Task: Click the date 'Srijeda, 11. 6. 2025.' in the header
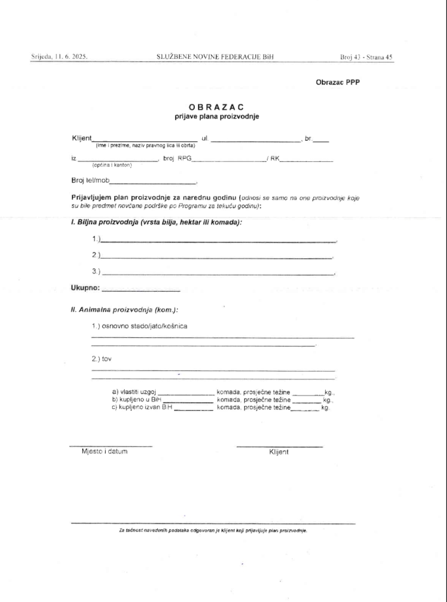[x=59, y=57]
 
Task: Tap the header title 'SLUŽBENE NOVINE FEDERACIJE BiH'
[x=215, y=57]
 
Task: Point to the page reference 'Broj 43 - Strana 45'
[x=366, y=57]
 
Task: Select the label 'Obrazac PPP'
[x=337, y=82]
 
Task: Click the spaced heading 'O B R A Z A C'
[x=216, y=107]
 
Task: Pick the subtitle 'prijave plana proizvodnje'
[x=216, y=117]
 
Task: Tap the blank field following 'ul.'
[x=255, y=140]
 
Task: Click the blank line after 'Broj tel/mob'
[x=153, y=182]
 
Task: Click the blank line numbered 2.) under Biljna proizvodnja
[x=216, y=256]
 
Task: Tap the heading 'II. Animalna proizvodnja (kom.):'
[x=125, y=310]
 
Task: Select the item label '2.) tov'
[x=102, y=359]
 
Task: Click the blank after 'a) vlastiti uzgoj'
[x=186, y=392]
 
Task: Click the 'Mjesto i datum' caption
[x=104, y=451]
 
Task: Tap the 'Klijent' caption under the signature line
[x=279, y=452]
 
